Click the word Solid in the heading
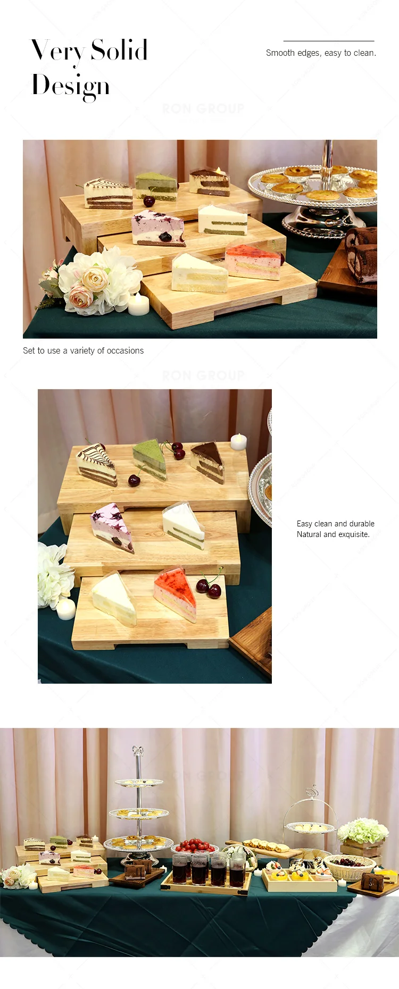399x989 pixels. click(119, 51)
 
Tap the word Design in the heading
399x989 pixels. click(71, 86)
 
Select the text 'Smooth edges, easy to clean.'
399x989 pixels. click(321, 53)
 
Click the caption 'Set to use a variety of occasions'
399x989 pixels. click(83, 350)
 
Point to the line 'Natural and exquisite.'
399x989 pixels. click(333, 534)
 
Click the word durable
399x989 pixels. click(362, 524)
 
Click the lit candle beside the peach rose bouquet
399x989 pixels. click(138, 305)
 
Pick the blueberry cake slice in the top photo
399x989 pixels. click(158, 228)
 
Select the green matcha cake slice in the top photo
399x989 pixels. click(156, 186)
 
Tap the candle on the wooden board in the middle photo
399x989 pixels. click(238, 441)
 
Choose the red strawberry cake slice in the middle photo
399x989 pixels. click(176, 593)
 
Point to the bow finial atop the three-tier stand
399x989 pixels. click(138, 751)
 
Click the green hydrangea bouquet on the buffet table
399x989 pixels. click(363, 830)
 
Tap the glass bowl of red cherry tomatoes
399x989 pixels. click(194, 845)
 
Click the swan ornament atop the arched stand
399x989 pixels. click(314, 789)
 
